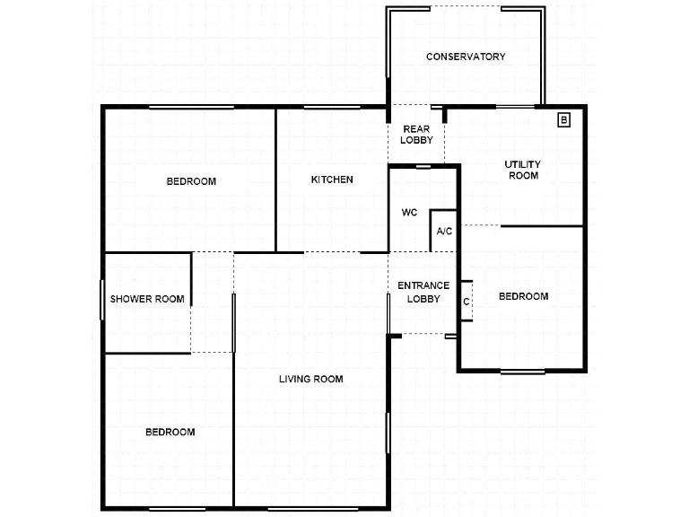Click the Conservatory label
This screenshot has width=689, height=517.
pos(466,57)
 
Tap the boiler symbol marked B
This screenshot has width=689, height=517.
pos(564,119)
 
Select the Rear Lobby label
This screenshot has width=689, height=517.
pos(416,135)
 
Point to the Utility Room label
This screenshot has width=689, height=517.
pos(522,170)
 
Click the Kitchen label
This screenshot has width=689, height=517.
pos(332,180)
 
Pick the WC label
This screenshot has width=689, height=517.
pos(409,213)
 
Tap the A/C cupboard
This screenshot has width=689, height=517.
pos(444,231)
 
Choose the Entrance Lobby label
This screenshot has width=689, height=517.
pos(423,292)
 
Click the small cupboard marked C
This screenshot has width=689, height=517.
pos(467,302)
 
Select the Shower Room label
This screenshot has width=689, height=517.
pos(147,299)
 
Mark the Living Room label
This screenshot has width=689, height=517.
pos(310,379)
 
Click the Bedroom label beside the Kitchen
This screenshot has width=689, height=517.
pos(191,181)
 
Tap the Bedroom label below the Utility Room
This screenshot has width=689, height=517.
pos(523,296)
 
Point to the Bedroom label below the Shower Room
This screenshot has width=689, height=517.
pos(170,432)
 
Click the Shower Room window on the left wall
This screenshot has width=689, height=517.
pos(101,300)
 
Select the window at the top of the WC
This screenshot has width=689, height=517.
pos(423,166)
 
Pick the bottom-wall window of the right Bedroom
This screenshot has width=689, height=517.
pos(522,371)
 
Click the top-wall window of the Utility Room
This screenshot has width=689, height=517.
pos(515,107)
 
